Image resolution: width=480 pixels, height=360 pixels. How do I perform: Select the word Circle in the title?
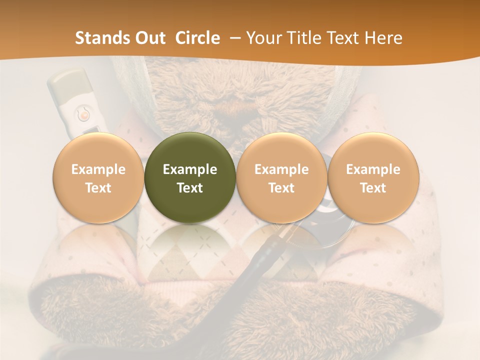click(197, 38)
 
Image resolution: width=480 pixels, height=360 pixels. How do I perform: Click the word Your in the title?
click(263, 38)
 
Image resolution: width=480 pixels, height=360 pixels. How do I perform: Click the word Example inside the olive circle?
click(190, 169)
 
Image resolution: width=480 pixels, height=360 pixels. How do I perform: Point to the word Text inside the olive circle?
click(190, 188)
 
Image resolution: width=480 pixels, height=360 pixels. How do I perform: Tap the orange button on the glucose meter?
click(84, 115)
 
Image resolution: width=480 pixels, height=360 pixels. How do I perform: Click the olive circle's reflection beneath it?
click(190, 245)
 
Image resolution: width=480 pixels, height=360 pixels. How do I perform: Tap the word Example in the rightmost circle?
click(373, 169)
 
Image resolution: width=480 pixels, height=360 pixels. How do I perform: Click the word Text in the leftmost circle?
click(98, 188)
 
